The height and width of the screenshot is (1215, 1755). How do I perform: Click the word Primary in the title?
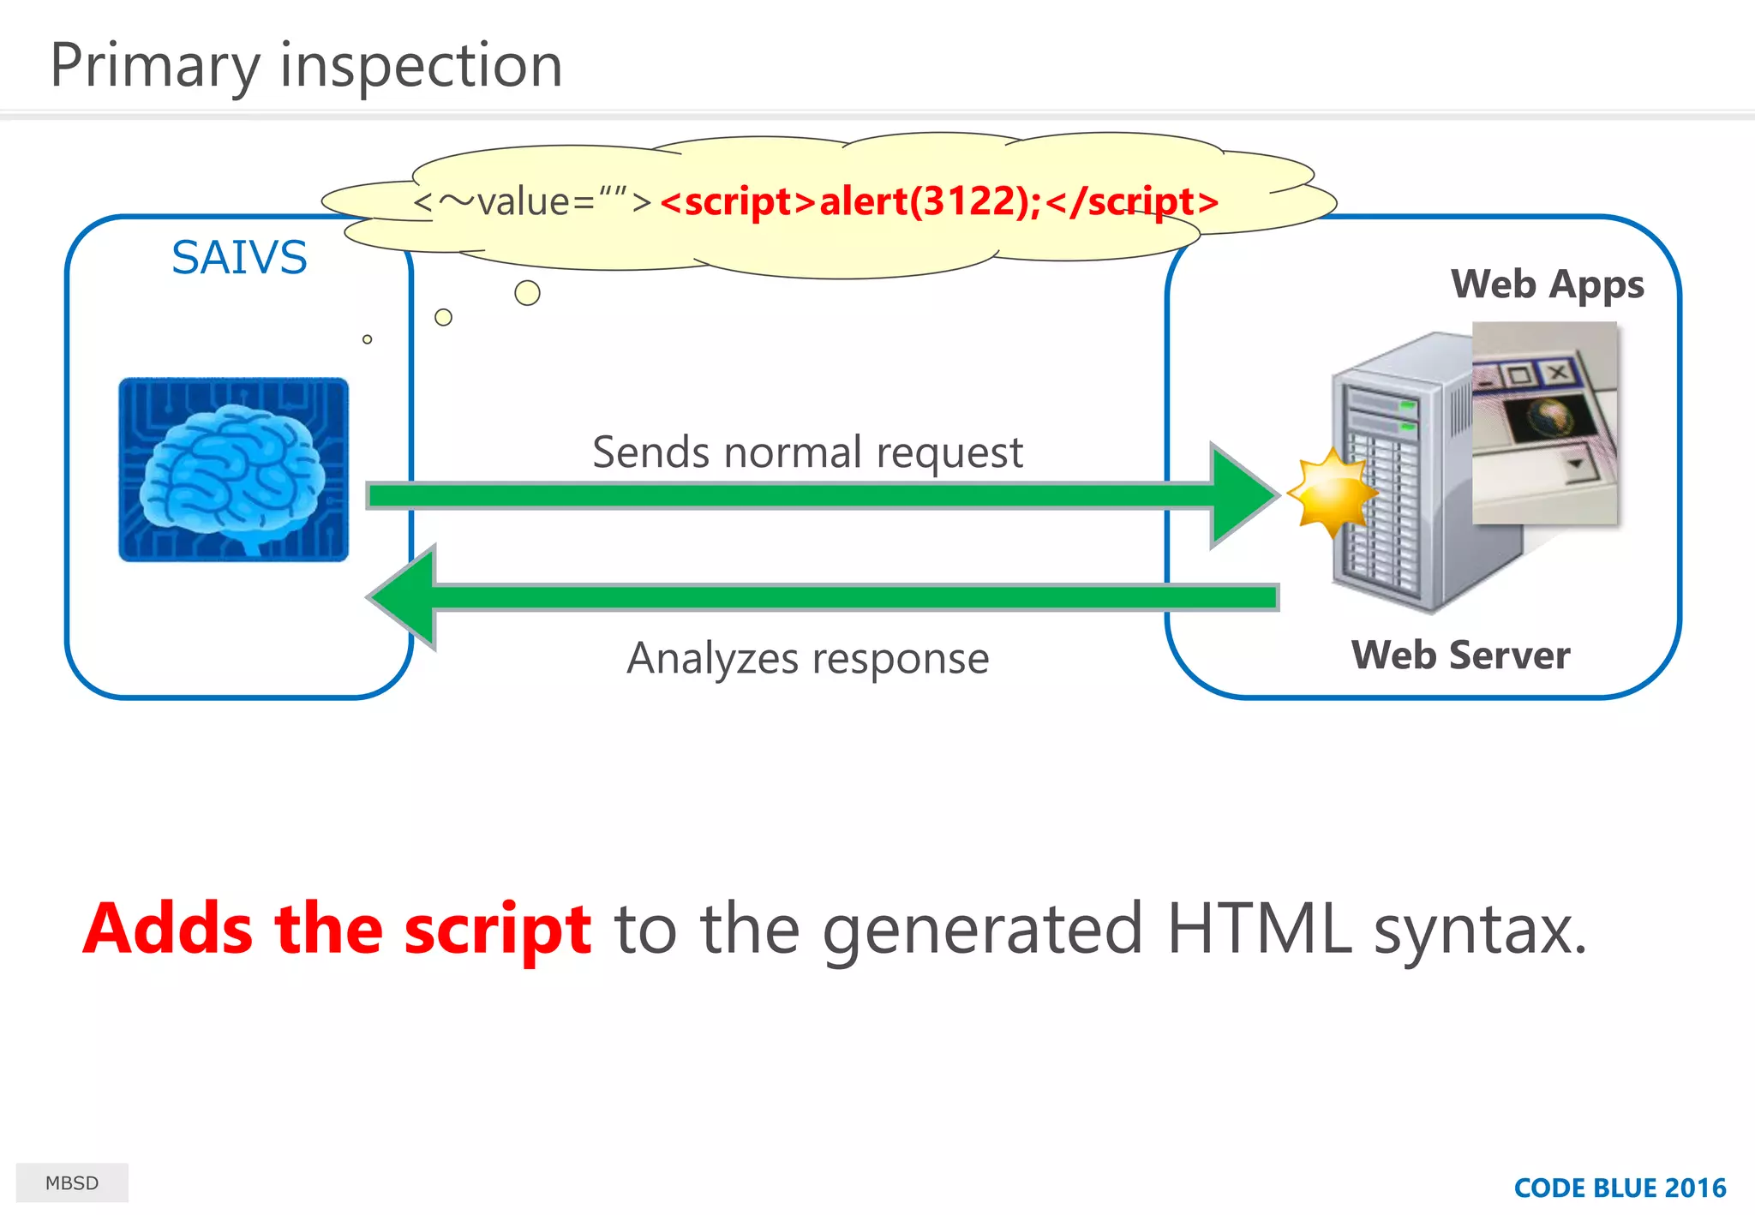[155, 66]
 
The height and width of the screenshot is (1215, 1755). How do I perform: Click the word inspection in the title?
[421, 66]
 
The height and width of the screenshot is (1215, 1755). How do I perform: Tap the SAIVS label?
[239, 257]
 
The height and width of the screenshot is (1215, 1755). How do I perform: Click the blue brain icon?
[233, 470]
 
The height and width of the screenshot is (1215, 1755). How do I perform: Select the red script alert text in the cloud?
[939, 202]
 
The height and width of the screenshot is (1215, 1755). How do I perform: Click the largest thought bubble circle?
[527, 293]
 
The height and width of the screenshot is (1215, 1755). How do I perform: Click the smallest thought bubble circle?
[367, 339]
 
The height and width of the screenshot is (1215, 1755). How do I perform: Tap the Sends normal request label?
[807, 452]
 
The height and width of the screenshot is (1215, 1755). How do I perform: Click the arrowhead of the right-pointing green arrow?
[1243, 495]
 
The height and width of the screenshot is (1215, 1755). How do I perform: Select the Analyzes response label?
[807, 658]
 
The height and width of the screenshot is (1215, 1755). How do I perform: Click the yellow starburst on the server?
[1331, 493]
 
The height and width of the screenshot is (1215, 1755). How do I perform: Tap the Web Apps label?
[1547, 284]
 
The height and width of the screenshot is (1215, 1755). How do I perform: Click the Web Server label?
[1460, 655]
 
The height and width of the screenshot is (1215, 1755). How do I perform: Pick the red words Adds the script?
[337, 930]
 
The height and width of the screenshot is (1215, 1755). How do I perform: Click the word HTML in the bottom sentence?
[1259, 930]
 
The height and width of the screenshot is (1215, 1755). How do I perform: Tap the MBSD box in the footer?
[72, 1183]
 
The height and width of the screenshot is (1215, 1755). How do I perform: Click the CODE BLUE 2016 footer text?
[1620, 1188]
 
